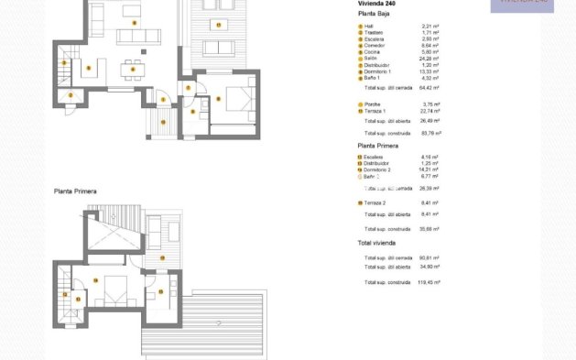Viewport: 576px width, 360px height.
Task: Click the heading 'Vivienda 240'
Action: [376, 4]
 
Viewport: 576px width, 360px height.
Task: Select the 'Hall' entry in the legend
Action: [368, 27]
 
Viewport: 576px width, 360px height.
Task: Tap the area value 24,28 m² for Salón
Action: [429, 59]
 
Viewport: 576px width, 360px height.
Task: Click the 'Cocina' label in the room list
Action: [372, 52]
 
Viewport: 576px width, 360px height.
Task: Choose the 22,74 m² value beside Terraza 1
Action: [429, 111]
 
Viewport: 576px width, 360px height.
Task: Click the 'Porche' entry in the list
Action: [372, 104]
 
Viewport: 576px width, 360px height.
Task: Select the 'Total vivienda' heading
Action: [376, 243]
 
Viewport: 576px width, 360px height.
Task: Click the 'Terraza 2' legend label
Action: [375, 202]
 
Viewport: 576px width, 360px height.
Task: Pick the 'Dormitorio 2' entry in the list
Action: [377, 169]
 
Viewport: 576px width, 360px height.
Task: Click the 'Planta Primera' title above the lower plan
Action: [75, 191]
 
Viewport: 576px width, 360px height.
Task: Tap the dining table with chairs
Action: [133, 69]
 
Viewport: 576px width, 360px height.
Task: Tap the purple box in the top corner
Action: [522, 5]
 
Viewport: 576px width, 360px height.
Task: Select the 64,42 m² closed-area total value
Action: [429, 89]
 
